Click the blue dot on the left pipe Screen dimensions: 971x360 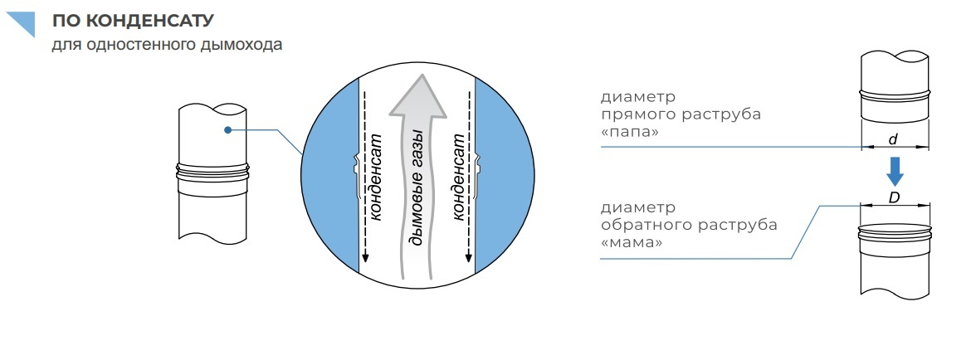coord(226,129)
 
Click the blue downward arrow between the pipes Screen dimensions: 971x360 coord(895,172)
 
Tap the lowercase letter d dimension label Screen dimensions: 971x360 coord(893,140)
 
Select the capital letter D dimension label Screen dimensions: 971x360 coord(894,199)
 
